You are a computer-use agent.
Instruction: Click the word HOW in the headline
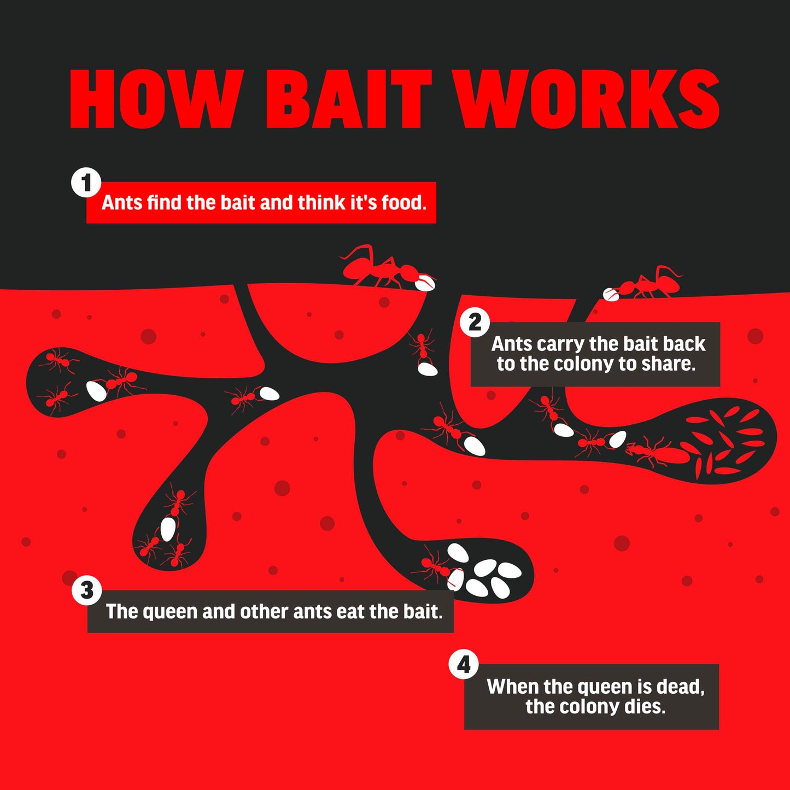(x=156, y=99)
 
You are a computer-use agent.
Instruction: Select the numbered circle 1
(x=86, y=182)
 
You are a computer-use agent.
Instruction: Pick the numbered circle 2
(x=475, y=322)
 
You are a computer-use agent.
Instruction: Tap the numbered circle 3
(x=87, y=590)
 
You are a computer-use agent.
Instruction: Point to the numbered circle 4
(x=464, y=664)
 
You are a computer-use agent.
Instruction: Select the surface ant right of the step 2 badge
(x=650, y=283)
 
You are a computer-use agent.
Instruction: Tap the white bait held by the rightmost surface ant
(x=611, y=294)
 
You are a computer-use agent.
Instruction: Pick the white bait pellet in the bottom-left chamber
(x=168, y=529)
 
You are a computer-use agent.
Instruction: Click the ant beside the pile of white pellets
(x=435, y=566)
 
